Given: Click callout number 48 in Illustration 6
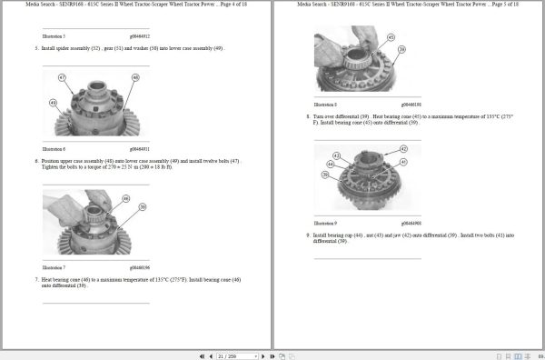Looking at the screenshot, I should tap(135, 79).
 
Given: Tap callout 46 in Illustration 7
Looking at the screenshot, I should tap(125, 198).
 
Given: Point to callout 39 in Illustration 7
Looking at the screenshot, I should tap(143, 207).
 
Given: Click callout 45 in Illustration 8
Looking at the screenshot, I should tap(391, 37).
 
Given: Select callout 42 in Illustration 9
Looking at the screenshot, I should tap(403, 148).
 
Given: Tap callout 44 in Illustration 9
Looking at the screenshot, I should tap(331, 164).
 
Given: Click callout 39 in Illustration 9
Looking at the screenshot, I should tap(324, 175).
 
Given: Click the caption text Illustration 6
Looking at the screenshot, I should tap(54, 147).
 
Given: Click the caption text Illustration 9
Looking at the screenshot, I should tap(324, 223).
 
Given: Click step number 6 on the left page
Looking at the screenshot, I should tap(35, 160).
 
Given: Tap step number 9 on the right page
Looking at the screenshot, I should tap(308, 235).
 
